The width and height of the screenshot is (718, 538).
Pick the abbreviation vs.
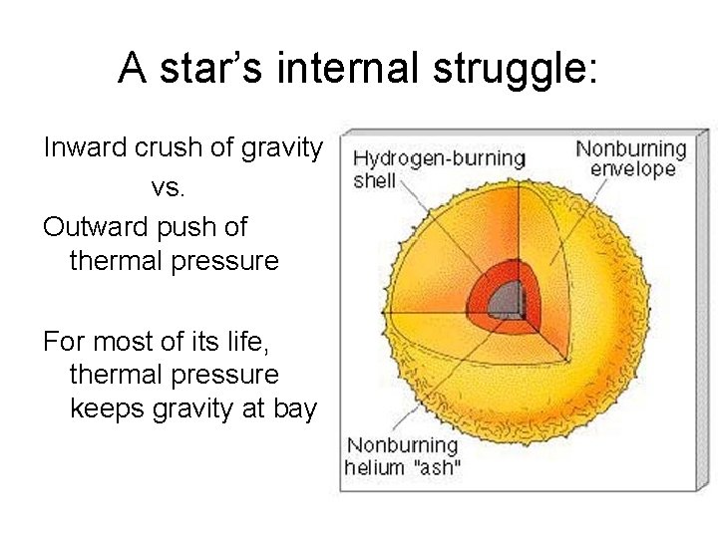click(167, 188)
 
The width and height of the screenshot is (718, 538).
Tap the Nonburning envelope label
click(631, 158)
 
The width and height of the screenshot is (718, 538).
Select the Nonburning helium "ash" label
click(402, 456)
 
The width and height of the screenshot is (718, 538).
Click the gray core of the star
click(511, 298)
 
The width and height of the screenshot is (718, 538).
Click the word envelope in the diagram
click(631, 168)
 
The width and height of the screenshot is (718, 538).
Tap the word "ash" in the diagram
click(438, 467)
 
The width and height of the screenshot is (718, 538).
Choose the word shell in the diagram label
click(374, 180)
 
